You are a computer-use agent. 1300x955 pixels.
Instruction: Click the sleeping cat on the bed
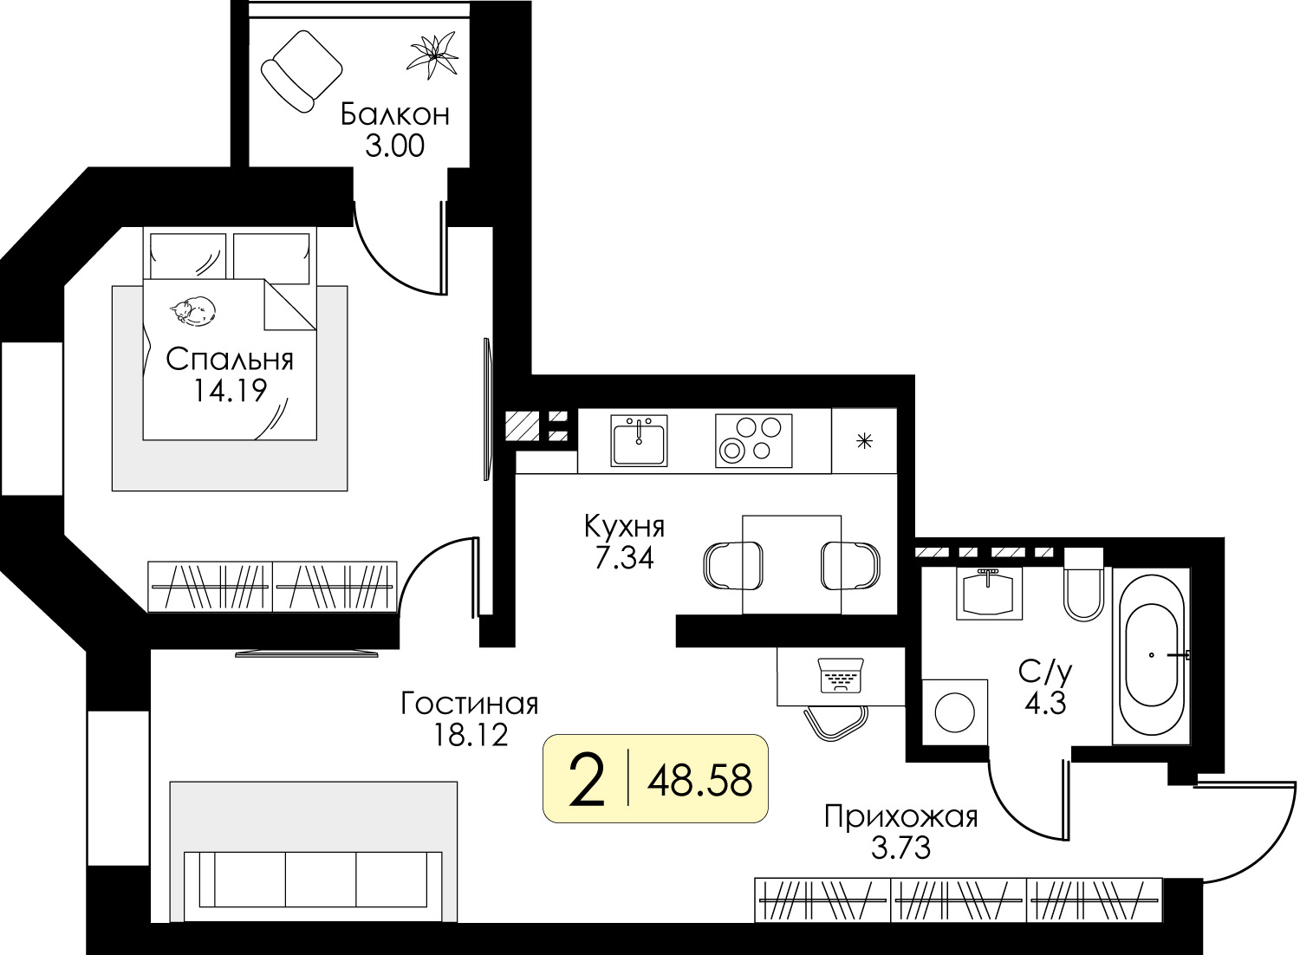(193, 311)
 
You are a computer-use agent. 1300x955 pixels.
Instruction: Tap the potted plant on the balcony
(432, 55)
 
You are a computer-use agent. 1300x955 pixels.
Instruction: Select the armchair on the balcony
(302, 71)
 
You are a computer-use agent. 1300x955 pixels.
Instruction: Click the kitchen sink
(639, 440)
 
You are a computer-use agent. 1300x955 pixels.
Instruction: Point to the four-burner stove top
(754, 440)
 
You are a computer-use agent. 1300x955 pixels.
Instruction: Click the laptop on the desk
(841, 676)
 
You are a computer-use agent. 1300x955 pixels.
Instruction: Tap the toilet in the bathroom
(1083, 585)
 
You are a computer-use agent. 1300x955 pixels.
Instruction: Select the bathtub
(1152, 656)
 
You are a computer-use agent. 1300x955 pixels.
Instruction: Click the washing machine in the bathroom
(955, 712)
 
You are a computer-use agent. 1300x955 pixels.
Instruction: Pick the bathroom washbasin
(989, 594)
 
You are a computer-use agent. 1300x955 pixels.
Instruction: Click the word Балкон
(395, 114)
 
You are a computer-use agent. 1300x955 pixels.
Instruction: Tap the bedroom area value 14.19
(230, 390)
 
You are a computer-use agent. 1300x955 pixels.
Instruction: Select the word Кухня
(625, 527)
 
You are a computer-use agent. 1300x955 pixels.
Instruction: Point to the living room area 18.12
(471, 735)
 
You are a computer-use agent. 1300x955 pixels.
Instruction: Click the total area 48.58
(700, 781)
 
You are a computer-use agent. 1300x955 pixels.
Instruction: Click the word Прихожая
(901, 817)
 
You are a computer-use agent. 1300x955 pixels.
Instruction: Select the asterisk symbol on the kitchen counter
(865, 441)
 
